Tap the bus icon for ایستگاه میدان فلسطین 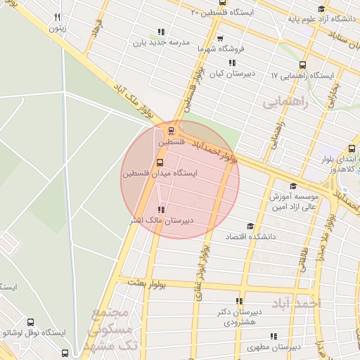[159, 162]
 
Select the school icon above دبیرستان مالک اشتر [161, 210]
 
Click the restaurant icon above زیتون [57, 18]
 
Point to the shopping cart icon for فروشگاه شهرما [220, 39]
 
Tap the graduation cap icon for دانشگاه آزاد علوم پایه [321, 9]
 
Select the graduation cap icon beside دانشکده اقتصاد [250, 226]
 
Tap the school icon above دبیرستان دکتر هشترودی [239, 301]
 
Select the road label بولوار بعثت [146, 281]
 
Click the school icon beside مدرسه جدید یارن [161, 31]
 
